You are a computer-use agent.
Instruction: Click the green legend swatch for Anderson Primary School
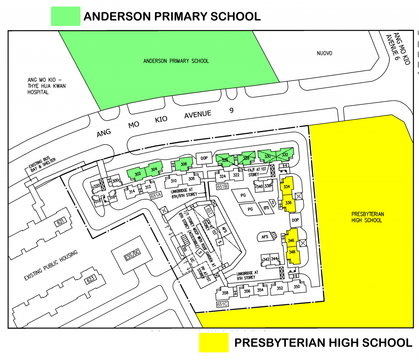(65, 16)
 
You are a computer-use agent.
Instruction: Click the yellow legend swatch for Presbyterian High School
(213, 342)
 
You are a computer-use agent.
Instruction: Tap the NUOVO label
(324, 53)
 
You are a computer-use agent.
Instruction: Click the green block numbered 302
(137, 174)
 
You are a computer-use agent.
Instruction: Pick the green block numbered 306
(184, 165)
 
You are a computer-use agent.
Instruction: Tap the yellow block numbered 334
(287, 186)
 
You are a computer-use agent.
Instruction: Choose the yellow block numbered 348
(292, 252)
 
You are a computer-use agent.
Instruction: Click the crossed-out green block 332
(285, 155)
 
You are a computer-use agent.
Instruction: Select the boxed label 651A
(156, 195)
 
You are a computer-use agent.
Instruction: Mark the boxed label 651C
(222, 304)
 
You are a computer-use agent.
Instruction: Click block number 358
(225, 293)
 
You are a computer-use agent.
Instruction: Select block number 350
(297, 287)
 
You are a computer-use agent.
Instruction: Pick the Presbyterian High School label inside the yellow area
(367, 217)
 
